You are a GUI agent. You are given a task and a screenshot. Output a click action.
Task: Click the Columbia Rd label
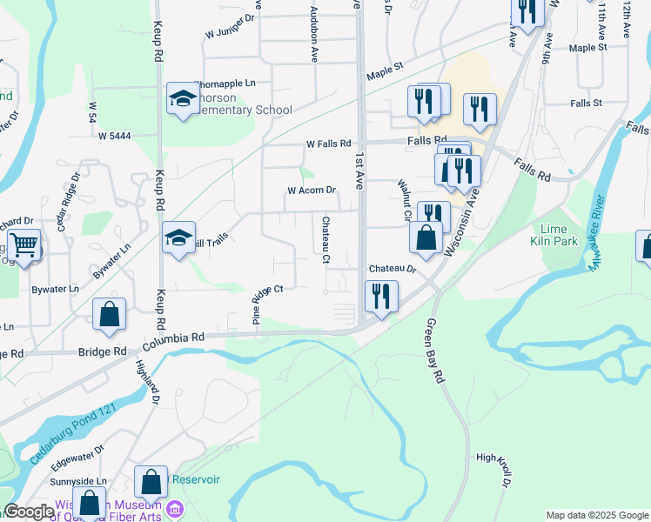coord(175,337)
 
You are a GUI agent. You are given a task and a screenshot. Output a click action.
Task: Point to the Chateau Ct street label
coord(325,240)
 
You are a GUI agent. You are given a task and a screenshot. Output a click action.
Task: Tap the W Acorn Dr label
coord(312,190)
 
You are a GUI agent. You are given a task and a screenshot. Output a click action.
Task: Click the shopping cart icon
coord(23,246)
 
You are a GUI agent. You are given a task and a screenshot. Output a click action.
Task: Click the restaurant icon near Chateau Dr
coord(381,297)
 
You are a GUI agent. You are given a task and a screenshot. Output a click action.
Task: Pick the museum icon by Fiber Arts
coord(175,508)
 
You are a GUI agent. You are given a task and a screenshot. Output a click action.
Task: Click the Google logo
coord(29,512)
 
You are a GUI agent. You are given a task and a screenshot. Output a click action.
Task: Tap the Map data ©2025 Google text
coord(596,515)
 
